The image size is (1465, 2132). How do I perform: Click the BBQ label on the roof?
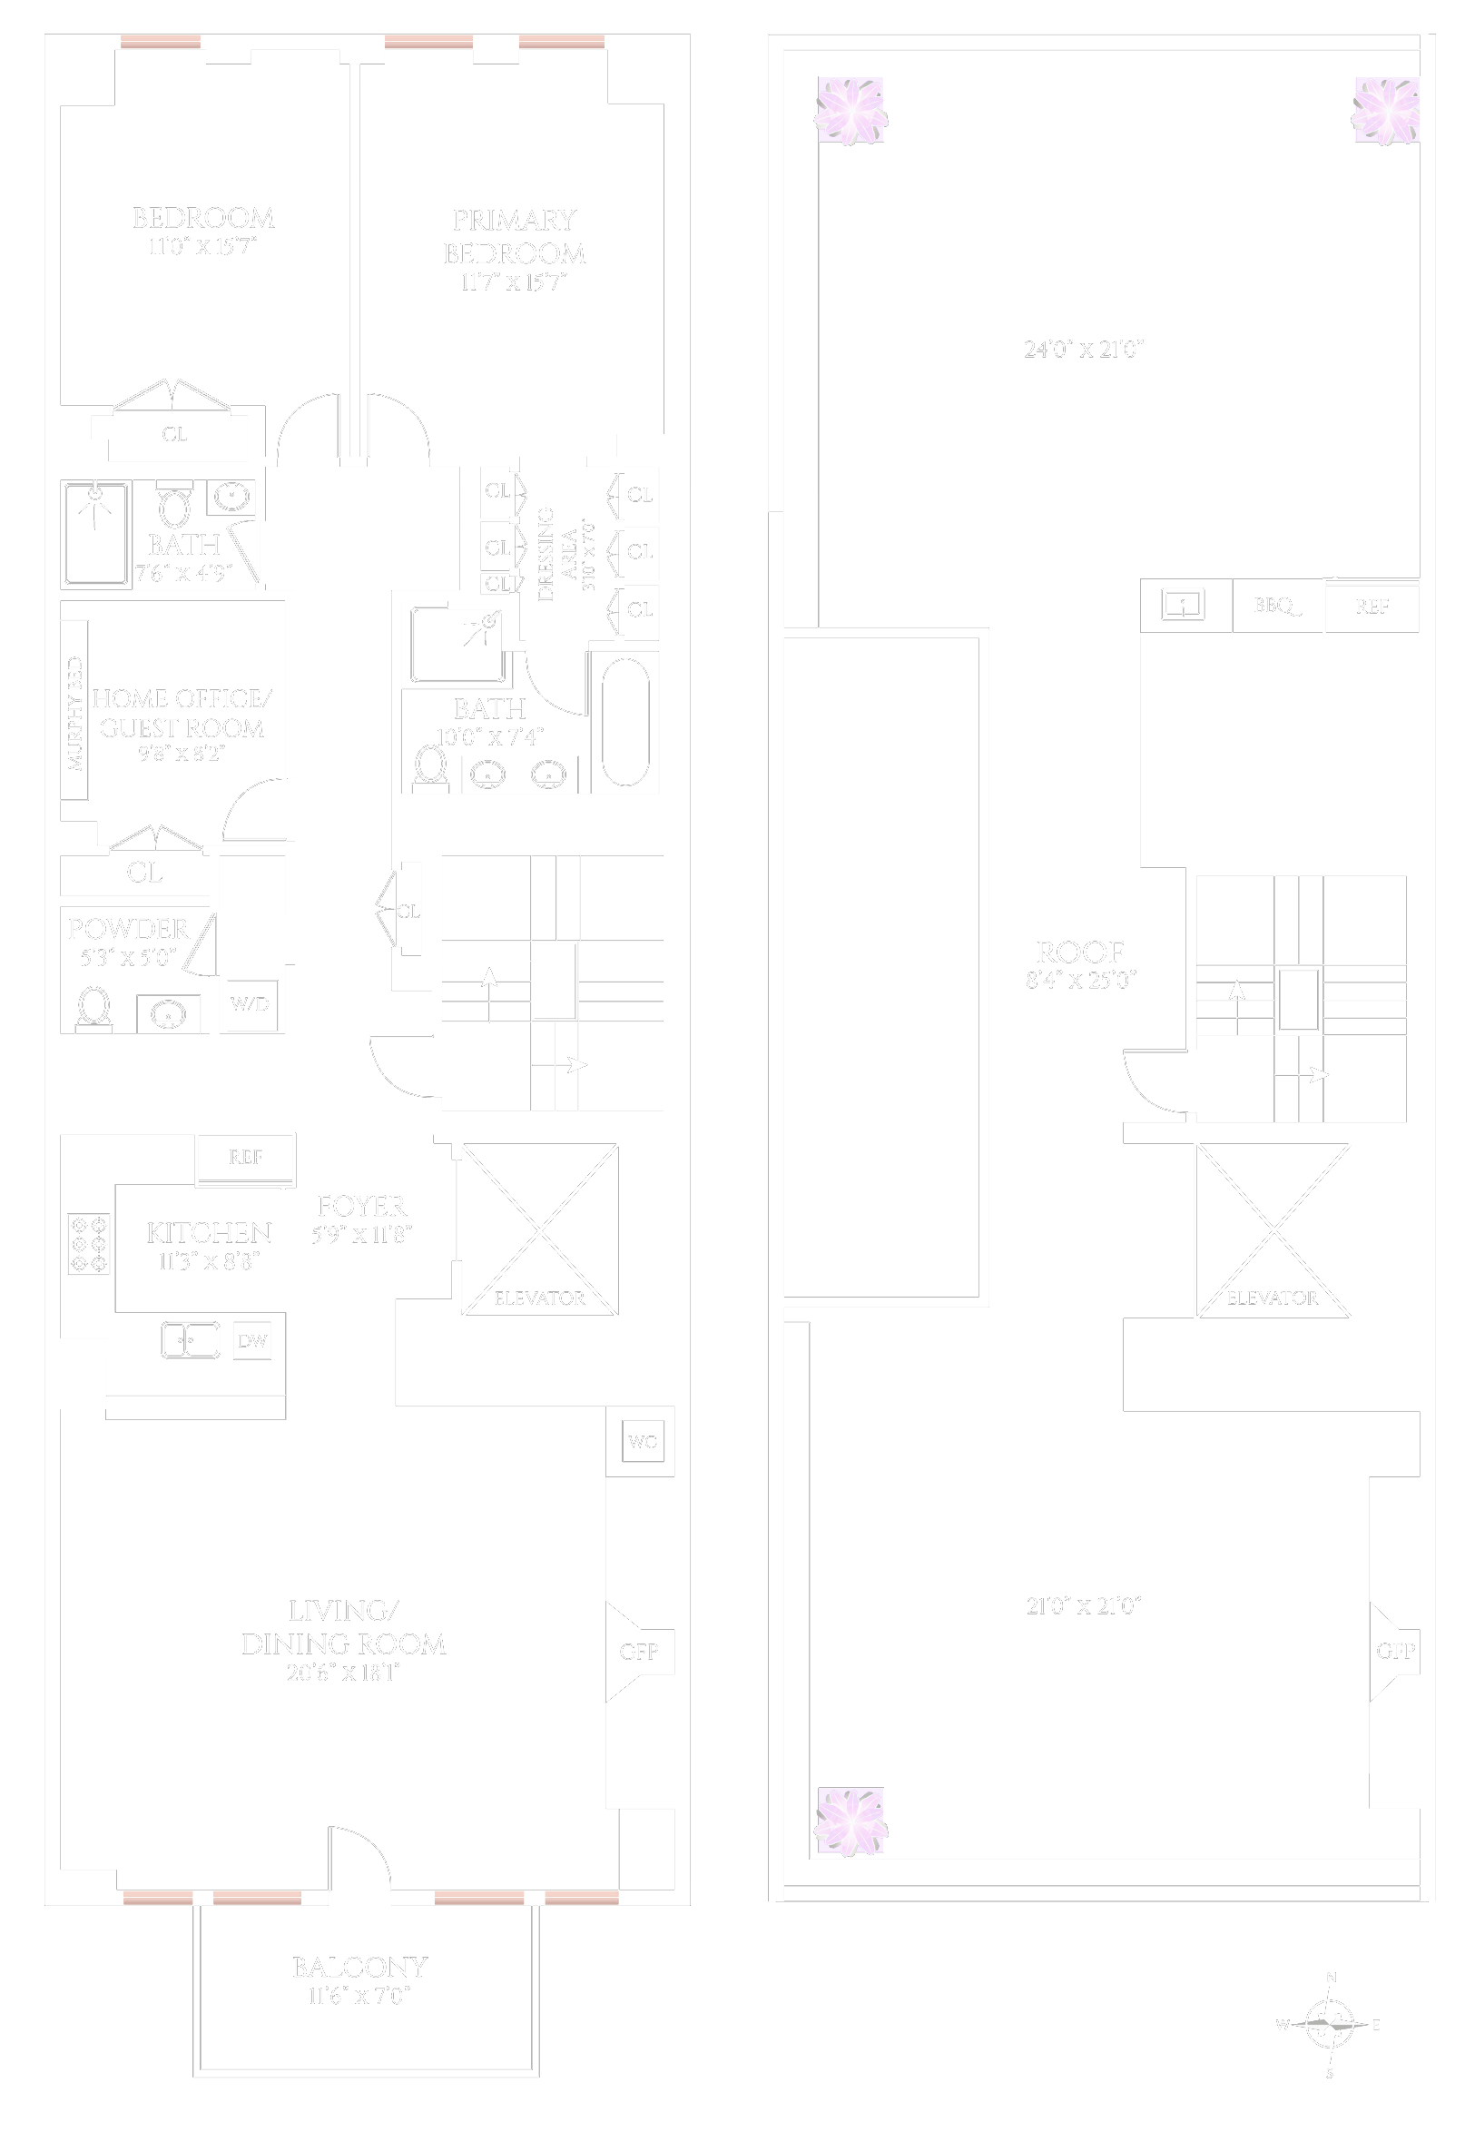1276,606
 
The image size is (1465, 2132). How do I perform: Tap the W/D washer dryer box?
251,1003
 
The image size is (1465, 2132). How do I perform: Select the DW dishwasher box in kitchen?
252,1341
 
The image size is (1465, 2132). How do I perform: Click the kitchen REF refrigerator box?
245,1158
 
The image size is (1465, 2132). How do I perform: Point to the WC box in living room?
643,1442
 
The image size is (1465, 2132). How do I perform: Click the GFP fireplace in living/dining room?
639,1652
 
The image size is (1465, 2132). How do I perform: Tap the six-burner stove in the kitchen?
89,1244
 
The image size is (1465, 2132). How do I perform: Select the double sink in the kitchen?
190,1340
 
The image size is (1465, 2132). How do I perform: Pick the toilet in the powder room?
93,1008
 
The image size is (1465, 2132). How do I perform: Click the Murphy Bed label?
75,714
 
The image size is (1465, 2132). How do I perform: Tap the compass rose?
1330,2024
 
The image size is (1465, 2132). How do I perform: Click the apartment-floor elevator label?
539,1298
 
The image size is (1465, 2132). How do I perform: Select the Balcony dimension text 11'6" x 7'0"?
359,1995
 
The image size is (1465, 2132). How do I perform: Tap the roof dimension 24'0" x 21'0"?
1083,349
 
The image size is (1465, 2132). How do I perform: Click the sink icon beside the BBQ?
1184,605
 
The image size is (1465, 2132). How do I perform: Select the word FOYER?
360,1207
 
